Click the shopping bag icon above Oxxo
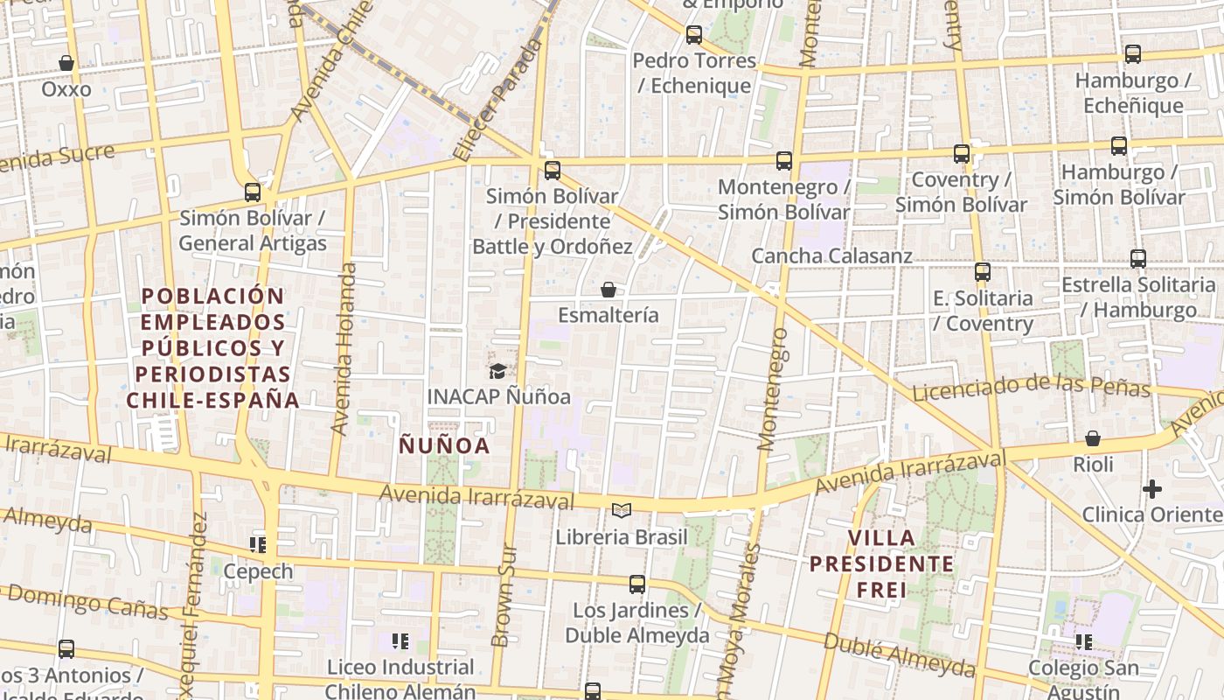[x=66, y=63]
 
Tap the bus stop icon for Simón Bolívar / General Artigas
[x=253, y=192]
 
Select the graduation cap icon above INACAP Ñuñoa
[x=497, y=371]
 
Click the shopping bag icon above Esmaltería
[x=609, y=289]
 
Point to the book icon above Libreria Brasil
[x=622, y=510]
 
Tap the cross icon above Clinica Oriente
[x=1152, y=488]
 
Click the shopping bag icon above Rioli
[x=1093, y=438]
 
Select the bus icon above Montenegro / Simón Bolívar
[x=784, y=160]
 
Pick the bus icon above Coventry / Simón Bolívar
[x=962, y=153]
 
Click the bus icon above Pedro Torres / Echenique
[x=694, y=35]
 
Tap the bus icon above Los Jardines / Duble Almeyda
[x=637, y=584]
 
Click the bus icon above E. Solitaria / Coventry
[x=983, y=271]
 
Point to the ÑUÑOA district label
[x=444, y=445]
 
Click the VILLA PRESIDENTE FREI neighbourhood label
[x=881, y=563]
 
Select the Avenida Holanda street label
[x=344, y=350]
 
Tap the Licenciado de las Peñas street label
[x=1032, y=387]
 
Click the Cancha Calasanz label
[x=831, y=255]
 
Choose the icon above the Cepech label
[x=258, y=545]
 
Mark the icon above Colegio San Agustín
[x=1084, y=642]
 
